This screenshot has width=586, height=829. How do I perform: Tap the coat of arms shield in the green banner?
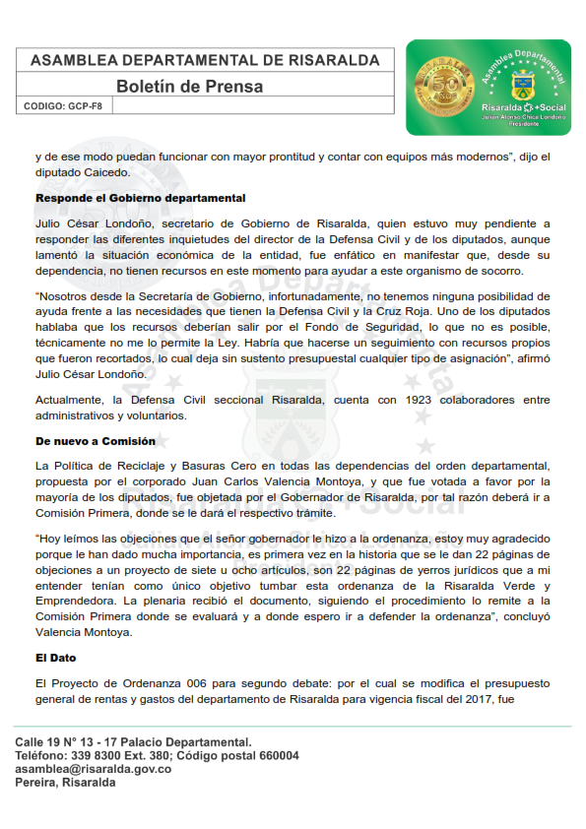[x=521, y=83]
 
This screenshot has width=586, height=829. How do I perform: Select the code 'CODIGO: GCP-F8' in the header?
[x=63, y=105]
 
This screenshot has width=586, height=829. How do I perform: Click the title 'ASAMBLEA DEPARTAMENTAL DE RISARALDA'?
[x=205, y=60]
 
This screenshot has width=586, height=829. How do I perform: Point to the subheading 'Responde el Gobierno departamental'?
[x=140, y=198]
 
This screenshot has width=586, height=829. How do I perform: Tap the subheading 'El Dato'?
[x=57, y=657]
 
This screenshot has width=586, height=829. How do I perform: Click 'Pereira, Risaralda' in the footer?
[x=65, y=784]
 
